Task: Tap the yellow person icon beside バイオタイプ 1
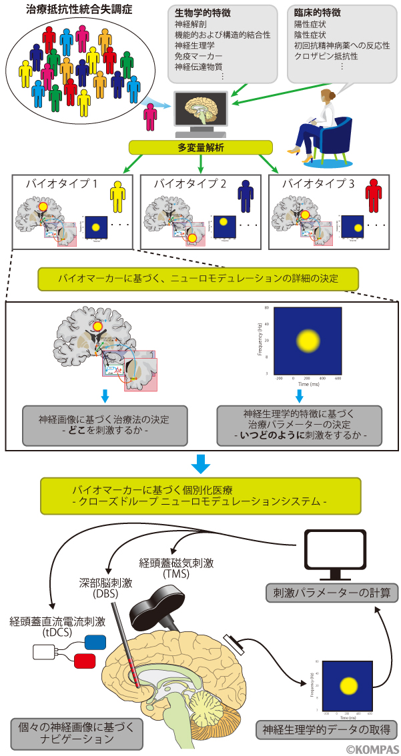click(x=117, y=195)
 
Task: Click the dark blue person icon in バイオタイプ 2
click(x=246, y=195)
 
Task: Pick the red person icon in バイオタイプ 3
click(x=374, y=195)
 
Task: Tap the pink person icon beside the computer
click(x=151, y=117)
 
